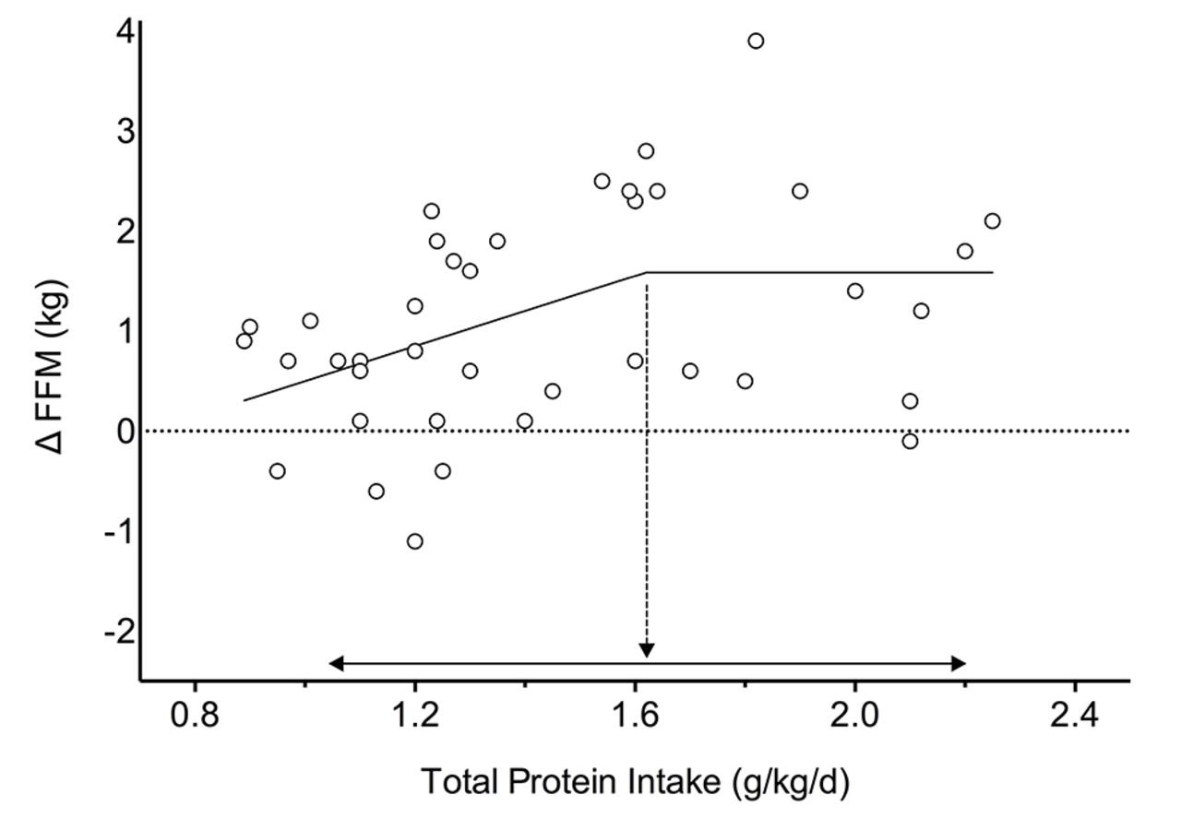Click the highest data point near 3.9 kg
point(756,41)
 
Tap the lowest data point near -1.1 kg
point(415,541)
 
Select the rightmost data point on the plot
point(992,221)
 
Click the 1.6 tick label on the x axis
point(634,716)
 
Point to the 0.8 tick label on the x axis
point(195,716)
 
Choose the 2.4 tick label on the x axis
point(1074,716)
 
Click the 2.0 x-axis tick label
point(854,716)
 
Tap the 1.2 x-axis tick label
point(414,716)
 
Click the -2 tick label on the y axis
point(118,632)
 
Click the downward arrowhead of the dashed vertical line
point(646,650)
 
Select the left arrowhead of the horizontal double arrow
point(335,663)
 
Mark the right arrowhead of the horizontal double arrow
point(960,663)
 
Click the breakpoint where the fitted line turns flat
point(646,272)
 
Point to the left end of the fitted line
point(245,400)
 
